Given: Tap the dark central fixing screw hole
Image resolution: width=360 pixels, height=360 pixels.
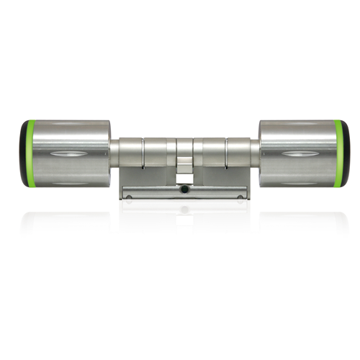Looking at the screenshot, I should tap(184, 191).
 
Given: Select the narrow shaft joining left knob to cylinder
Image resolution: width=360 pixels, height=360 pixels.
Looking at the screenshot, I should tap(114, 153).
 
